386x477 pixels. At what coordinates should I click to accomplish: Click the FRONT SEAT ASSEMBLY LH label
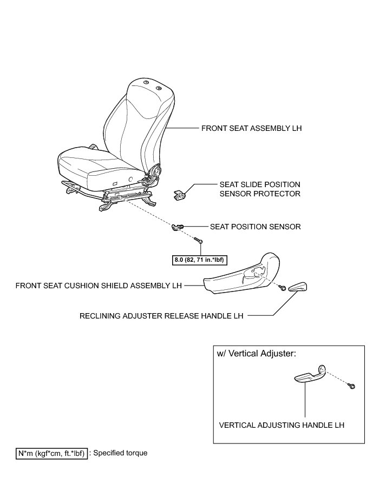click(251, 129)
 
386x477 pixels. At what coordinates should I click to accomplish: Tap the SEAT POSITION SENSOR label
click(255, 227)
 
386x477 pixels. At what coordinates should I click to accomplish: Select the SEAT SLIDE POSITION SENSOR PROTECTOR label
click(260, 188)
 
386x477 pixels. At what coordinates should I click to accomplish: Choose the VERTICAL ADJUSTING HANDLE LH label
click(282, 425)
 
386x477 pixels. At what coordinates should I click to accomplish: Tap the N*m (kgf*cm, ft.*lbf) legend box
click(50, 453)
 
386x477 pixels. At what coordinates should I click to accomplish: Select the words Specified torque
click(120, 453)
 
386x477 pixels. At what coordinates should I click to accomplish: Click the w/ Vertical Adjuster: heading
click(256, 354)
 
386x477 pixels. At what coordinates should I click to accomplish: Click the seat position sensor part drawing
click(179, 227)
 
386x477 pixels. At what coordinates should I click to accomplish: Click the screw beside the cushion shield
click(282, 289)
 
